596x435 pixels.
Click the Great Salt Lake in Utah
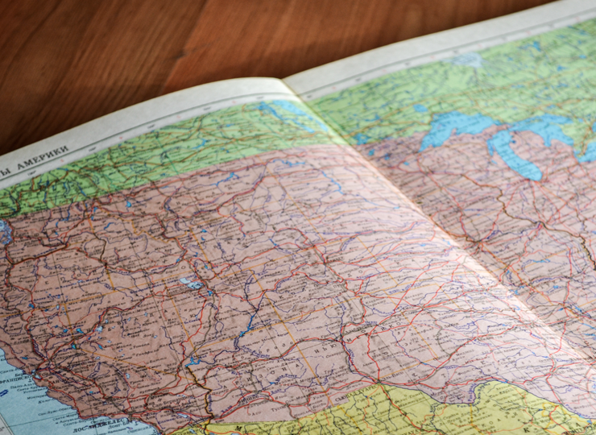point(191,283)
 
